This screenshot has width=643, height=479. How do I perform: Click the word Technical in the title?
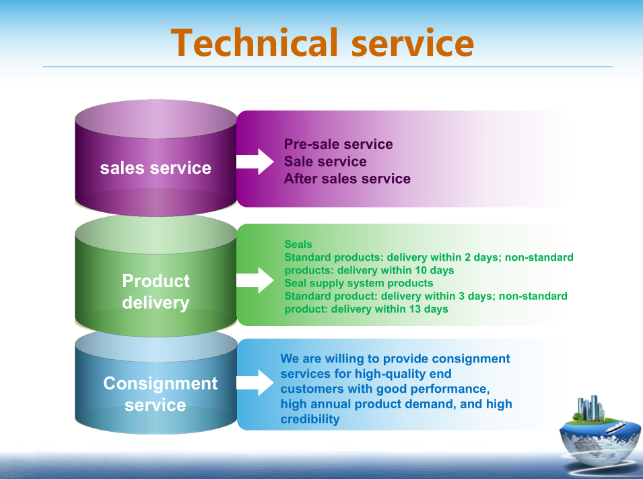pyautogui.click(x=255, y=42)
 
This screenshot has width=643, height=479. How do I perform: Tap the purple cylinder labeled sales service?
pyautogui.click(x=156, y=158)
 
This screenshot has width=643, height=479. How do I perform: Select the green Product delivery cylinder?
pyautogui.click(x=156, y=276)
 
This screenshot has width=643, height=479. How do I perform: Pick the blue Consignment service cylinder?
pyautogui.click(x=156, y=383)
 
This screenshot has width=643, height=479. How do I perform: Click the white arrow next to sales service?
pyautogui.click(x=255, y=162)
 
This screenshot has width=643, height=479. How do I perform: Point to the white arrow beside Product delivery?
pyautogui.click(x=255, y=280)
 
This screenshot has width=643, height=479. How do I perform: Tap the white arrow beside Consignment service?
pyautogui.click(x=255, y=383)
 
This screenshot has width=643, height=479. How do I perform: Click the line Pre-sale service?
pyautogui.click(x=338, y=144)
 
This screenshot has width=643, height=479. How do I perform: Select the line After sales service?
pyautogui.click(x=347, y=179)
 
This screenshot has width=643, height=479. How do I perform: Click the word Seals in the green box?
pyautogui.click(x=298, y=245)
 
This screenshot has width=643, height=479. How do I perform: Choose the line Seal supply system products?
pyautogui.click(x=359, y=283)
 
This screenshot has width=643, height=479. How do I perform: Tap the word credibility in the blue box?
pyautogui.click(x=310, y=419)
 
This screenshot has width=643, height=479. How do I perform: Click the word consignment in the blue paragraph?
pyautogui.click(x=471, y=358)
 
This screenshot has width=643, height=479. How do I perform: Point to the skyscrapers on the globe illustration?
pyautogui.click(x=591, y=408)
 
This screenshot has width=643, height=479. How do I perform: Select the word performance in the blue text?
pyautogui.click(x=457, y=389)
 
